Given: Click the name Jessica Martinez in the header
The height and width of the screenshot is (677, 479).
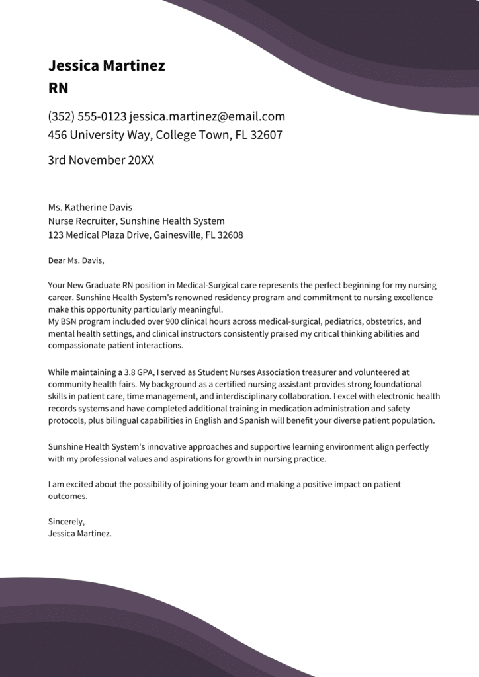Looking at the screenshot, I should (107, 65).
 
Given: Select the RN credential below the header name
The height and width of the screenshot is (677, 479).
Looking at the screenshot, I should (58, 88).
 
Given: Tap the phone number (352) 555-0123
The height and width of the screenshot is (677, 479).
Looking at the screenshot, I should (87, 117).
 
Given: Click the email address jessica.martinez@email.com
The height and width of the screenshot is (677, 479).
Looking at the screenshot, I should (207, 117).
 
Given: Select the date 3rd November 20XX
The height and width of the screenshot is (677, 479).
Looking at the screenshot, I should (101, 160).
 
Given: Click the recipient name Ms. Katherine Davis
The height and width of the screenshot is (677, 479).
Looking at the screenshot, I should (90, 208).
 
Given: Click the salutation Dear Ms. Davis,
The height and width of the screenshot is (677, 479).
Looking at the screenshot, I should (76, 260).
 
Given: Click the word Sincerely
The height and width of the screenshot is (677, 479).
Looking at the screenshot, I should (66, 521).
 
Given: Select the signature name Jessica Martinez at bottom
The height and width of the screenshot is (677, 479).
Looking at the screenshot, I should (79, 534).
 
